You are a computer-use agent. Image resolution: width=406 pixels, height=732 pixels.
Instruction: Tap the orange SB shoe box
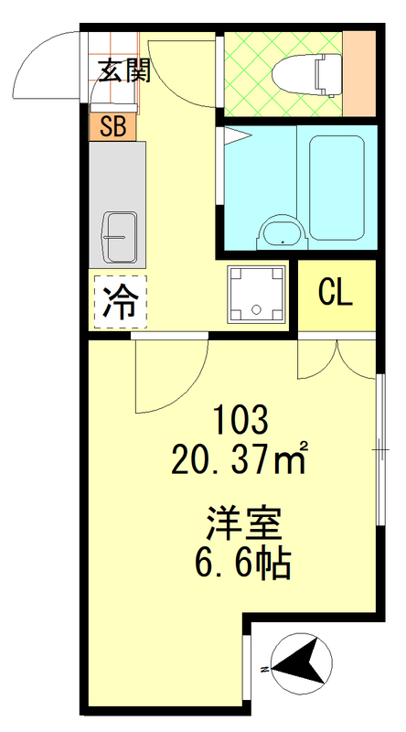[x=112, y=127]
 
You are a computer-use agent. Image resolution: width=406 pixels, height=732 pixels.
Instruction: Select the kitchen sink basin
[x=120, y=236]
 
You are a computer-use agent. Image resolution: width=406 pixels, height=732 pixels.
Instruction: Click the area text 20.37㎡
[x=240, y=457]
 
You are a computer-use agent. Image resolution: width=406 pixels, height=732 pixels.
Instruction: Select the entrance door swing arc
[x=50, y=59]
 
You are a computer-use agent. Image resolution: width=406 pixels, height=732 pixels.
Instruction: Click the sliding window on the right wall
[x=379, y=448]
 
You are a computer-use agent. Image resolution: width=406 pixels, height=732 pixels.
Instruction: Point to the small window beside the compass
[x=247, y=664]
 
